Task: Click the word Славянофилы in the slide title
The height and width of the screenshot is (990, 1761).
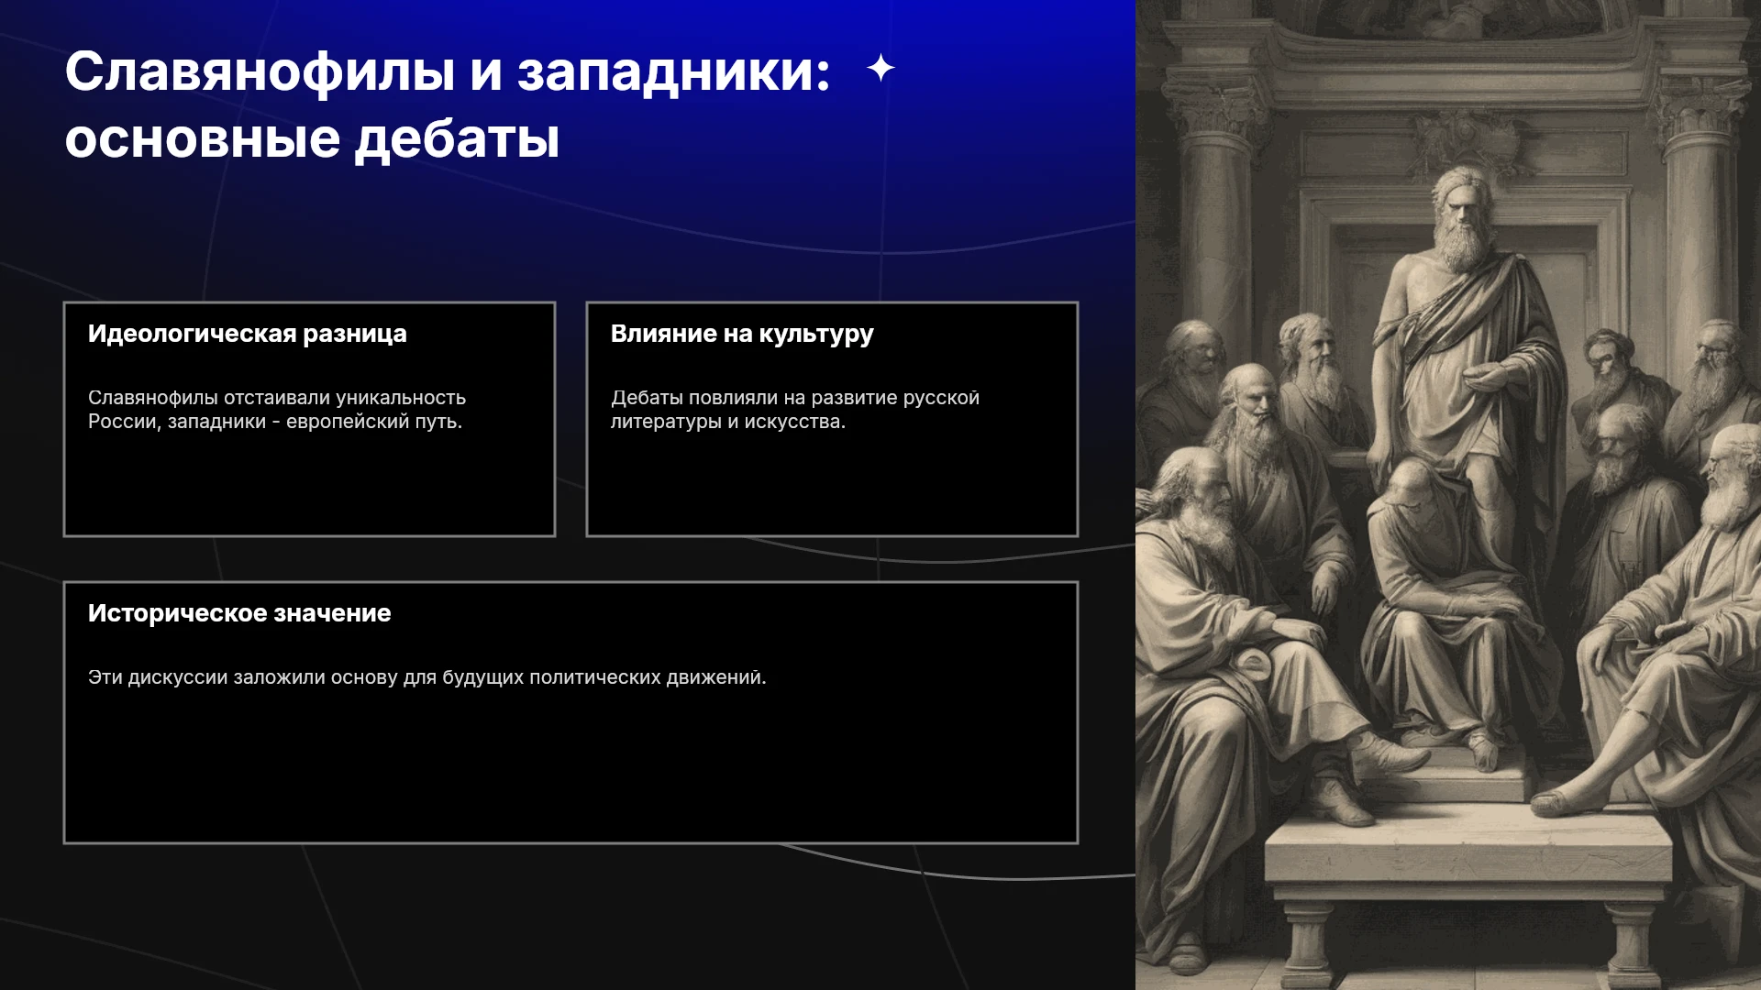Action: click(260, 71)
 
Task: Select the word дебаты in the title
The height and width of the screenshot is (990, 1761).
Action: click(457, 140)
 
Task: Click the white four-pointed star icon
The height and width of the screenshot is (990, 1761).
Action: click(880, 68)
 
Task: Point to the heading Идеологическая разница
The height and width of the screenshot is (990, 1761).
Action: click(248, 334)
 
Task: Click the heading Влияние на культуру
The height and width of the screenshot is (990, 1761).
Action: click(742, 335)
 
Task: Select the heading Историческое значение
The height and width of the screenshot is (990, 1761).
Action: click(239, 613)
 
